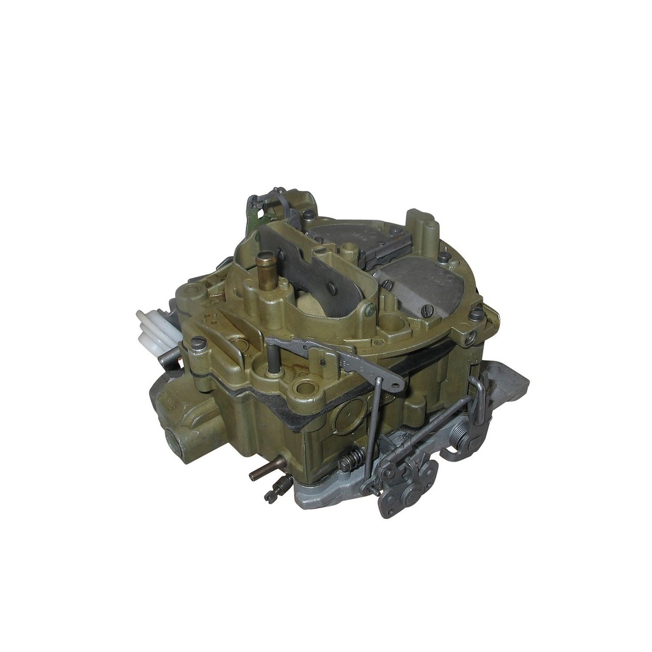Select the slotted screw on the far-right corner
pyautogui.click(x=476, y=314)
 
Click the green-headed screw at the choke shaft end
pyautogui.click(x=370, y=311)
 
